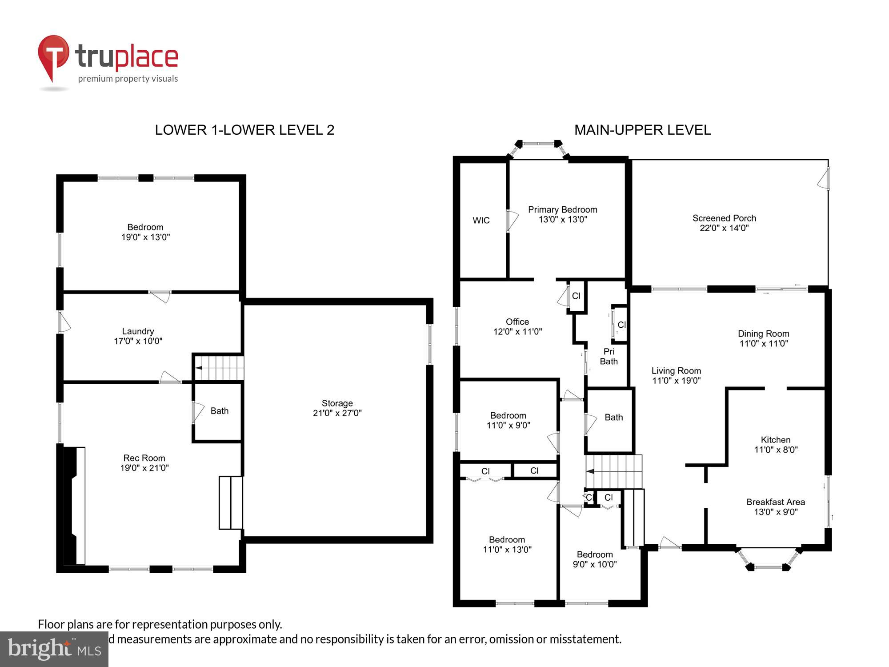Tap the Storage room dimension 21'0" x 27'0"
[337, 413]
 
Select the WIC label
[481, 221]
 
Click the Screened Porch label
[724, 218]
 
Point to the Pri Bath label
[609, 357]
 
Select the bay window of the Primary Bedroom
[538, 147]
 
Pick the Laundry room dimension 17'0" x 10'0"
[138, 342]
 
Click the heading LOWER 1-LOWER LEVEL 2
[244, 130]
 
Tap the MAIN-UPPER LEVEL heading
[642, 130]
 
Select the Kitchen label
[775, 440]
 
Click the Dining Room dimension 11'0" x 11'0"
[763, 344]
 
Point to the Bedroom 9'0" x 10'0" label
[594, 559]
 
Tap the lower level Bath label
[219, 411]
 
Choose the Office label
[517, 322]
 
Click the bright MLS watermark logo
[54, 649]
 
